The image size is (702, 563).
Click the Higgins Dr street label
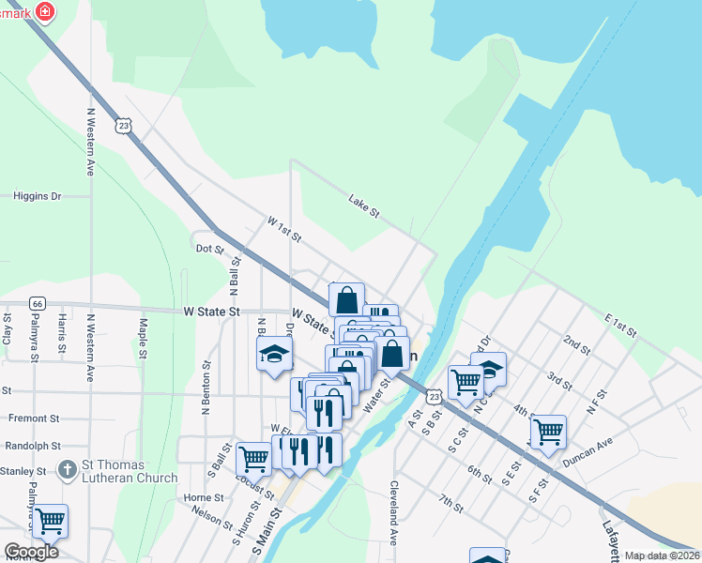[x=37, y=196]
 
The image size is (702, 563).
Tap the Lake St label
[x=363, y=206]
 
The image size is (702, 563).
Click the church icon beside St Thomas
[x=68, y=468]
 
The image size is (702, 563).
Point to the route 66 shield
[x=38, y=303]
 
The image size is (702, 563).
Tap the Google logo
[x=31, y=552]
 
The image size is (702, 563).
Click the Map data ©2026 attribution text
[x=662, y=555]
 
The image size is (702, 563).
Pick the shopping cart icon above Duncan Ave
[x=548, y=433]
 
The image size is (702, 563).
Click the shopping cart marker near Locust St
[x=253, y=460]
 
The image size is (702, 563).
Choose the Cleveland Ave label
[x=393, y=514]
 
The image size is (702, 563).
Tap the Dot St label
[x=209, y=250]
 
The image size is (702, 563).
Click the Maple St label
[x=144, y=339]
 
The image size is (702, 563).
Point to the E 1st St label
[x=620, y=326]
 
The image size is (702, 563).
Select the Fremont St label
[x=34, y=418]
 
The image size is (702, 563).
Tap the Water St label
[x=377, y=395]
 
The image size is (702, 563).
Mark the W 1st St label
[x=284, y=228]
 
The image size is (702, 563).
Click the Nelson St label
[x=211, y=515]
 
